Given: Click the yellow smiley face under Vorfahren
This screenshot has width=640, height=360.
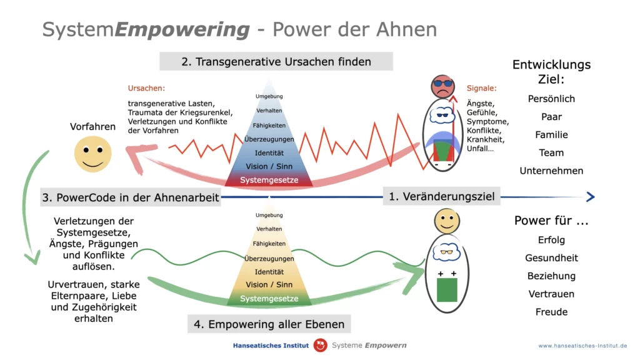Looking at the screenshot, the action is point(92,154).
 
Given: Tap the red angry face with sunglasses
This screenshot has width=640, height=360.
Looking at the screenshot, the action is point(442,86).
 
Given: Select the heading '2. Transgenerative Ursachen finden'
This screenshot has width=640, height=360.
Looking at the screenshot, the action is point(276,62).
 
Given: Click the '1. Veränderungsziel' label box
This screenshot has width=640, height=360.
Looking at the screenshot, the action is point(442,196).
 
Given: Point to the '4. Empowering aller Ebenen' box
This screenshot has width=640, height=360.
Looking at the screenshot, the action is point(269,324).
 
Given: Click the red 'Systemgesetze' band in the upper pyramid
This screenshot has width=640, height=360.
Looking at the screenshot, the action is point(269,180).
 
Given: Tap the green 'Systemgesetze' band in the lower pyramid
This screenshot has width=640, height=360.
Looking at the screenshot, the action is point(269,298).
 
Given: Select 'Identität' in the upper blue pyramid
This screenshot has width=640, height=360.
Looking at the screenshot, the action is point(269,153).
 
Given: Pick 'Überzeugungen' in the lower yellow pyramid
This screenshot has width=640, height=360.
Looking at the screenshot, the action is point(269,258).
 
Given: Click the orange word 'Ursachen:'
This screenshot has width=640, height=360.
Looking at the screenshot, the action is point(146,88).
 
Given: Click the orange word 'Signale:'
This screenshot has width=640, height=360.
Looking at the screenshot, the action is point(482,88).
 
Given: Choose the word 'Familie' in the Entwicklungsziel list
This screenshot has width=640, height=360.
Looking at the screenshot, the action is point(551,135).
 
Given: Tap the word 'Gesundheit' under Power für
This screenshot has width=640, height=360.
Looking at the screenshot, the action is point(551,258).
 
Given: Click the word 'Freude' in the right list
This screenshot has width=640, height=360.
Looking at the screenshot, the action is point(551,312).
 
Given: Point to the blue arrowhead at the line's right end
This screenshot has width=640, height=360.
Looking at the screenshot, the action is point(591,197).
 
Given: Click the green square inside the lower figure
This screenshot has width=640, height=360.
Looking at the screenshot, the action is point(447,290).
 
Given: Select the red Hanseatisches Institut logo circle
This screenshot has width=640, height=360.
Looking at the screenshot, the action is point(321,345).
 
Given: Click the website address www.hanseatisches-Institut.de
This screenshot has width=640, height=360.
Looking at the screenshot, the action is point(582,346).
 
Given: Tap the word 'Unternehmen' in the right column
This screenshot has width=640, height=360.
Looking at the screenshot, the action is point(551,171).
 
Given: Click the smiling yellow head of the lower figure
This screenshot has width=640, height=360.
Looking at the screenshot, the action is point(447,221).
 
